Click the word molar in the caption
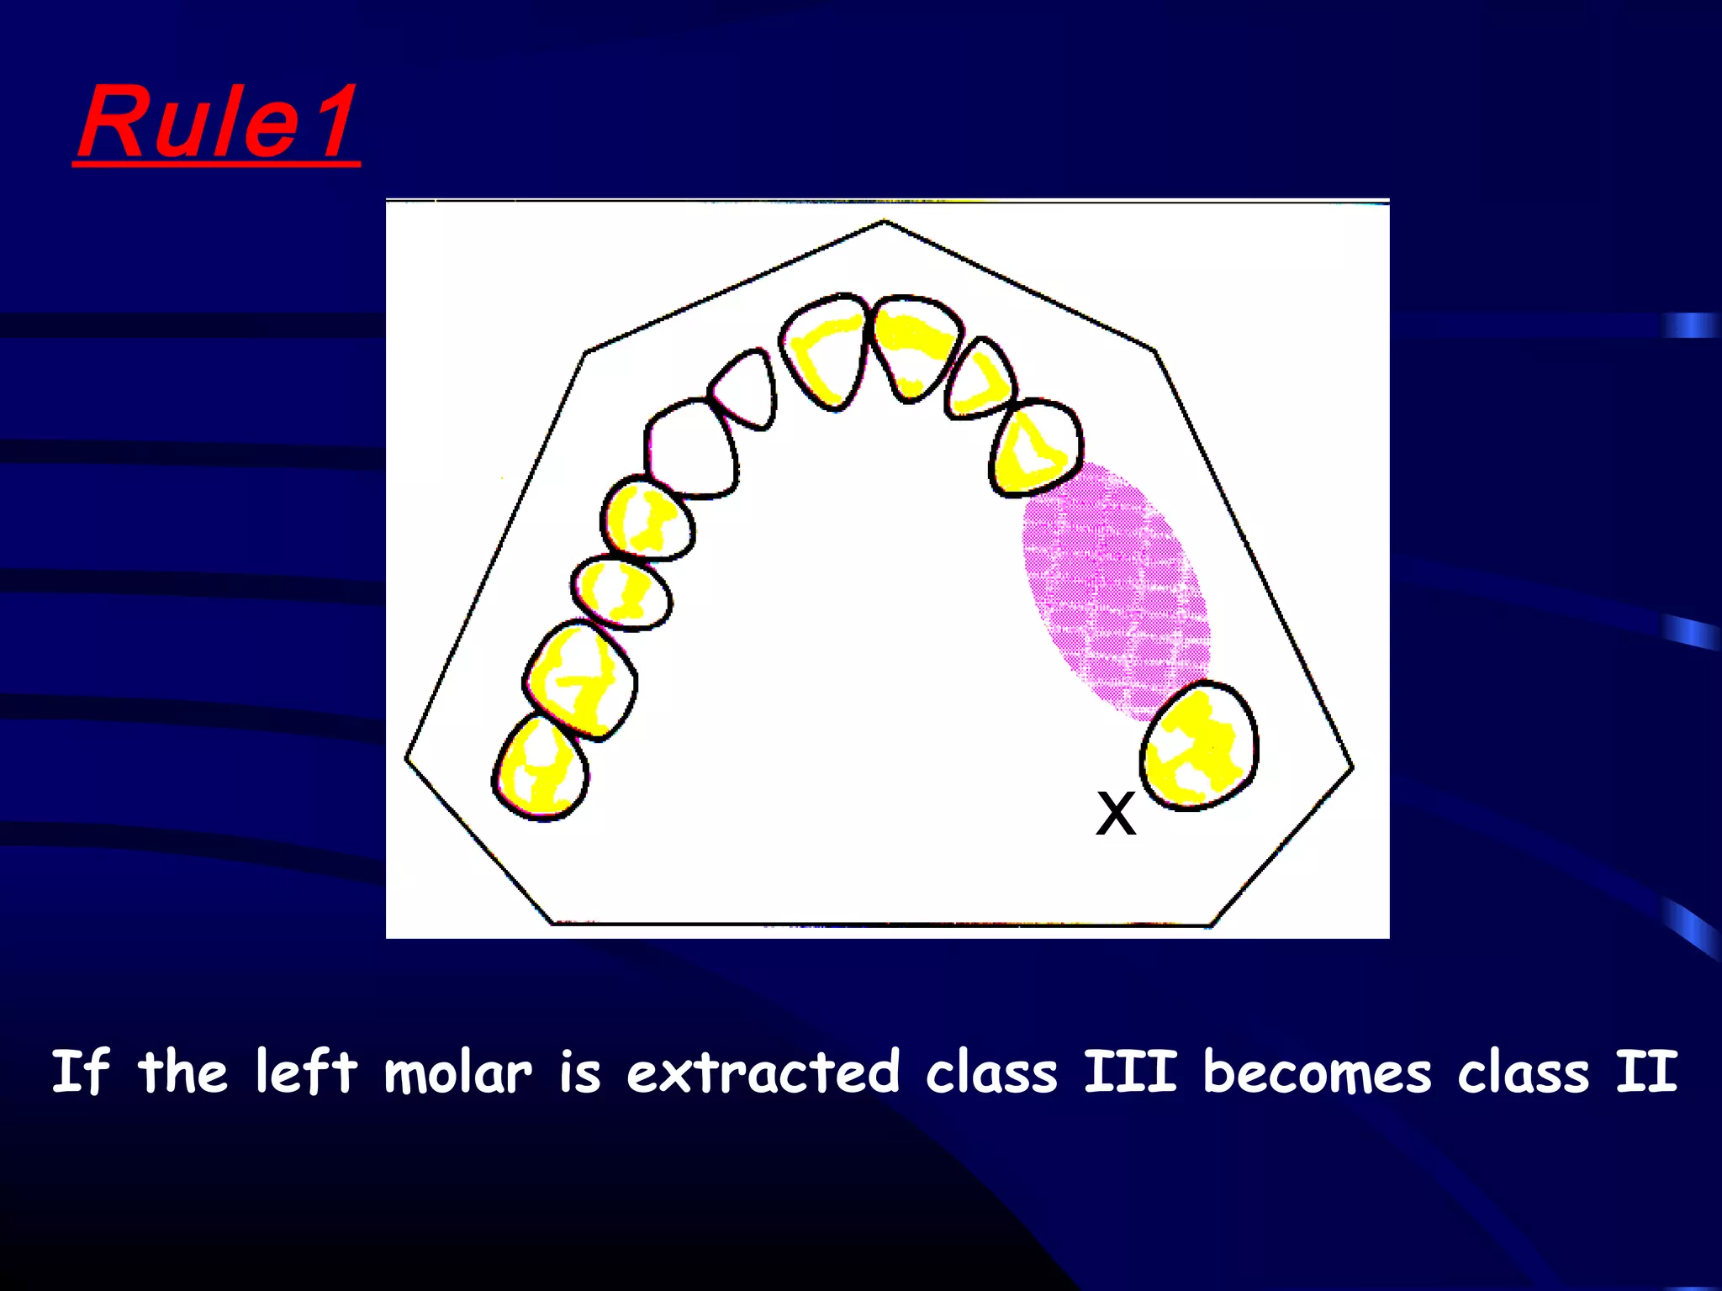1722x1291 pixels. pos(458,1073)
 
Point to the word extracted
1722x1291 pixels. pos(763,1073)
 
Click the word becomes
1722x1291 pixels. pos(1317,1073)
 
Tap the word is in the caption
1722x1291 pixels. pos(580,1073)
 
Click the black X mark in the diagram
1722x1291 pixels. pos(1116,814)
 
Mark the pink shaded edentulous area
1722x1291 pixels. pos(1114,588)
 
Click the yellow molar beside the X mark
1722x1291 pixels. pos(1199,746)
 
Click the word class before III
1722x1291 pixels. pos(991,1073)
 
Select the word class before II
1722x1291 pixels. pos(1523,1073)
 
